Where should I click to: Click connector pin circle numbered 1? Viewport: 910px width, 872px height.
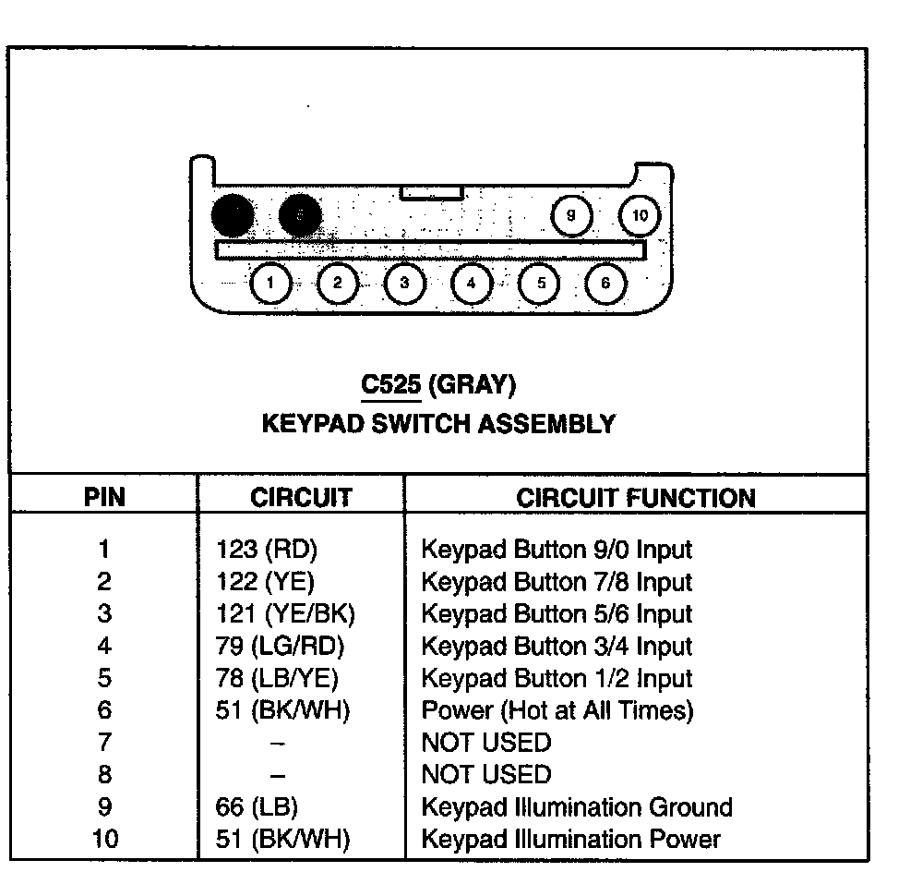pos(270,283)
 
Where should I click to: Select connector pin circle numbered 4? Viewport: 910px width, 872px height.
pos(472,283)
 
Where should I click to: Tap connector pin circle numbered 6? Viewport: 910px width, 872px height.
pos(605,283)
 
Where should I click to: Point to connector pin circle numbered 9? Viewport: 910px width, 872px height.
pos(571,215)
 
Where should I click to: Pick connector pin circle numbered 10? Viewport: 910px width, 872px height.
pos(640,215)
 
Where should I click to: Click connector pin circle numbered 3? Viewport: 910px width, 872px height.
pos(404,283)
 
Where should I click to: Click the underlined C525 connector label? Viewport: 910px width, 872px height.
pos(390,384)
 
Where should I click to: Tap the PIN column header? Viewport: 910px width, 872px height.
pos(104,498)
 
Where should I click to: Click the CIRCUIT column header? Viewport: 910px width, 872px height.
pos(301,498)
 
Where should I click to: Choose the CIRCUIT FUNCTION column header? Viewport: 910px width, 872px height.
pos(635,498)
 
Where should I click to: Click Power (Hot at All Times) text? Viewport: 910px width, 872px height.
pos(557,710)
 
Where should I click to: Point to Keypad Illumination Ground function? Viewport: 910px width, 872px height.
pos(576,807)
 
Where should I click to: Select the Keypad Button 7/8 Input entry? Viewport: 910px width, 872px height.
pos(556,582)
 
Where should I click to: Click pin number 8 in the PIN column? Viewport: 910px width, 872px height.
pos(103,775)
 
